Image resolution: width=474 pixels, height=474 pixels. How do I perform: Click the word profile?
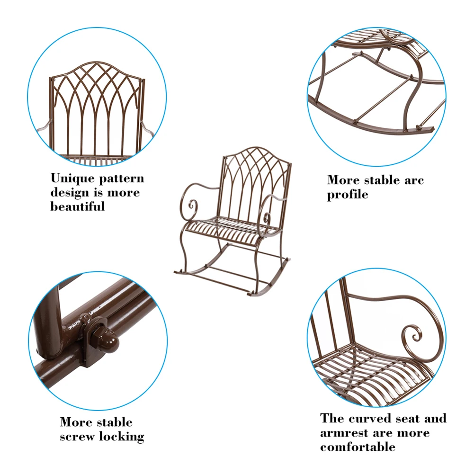point(347,194)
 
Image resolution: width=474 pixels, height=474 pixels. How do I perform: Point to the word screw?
point(78,436)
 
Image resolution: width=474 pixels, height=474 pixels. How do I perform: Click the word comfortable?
point(358,447)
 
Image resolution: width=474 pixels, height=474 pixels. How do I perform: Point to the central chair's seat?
point(230,225)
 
